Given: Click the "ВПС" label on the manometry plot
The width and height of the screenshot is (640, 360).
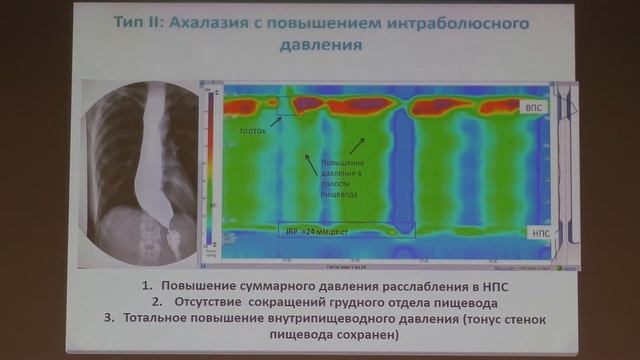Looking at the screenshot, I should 534,105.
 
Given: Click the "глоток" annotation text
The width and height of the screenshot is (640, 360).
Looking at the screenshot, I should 254,129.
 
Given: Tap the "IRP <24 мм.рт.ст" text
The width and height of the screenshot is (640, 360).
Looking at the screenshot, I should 316,230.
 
